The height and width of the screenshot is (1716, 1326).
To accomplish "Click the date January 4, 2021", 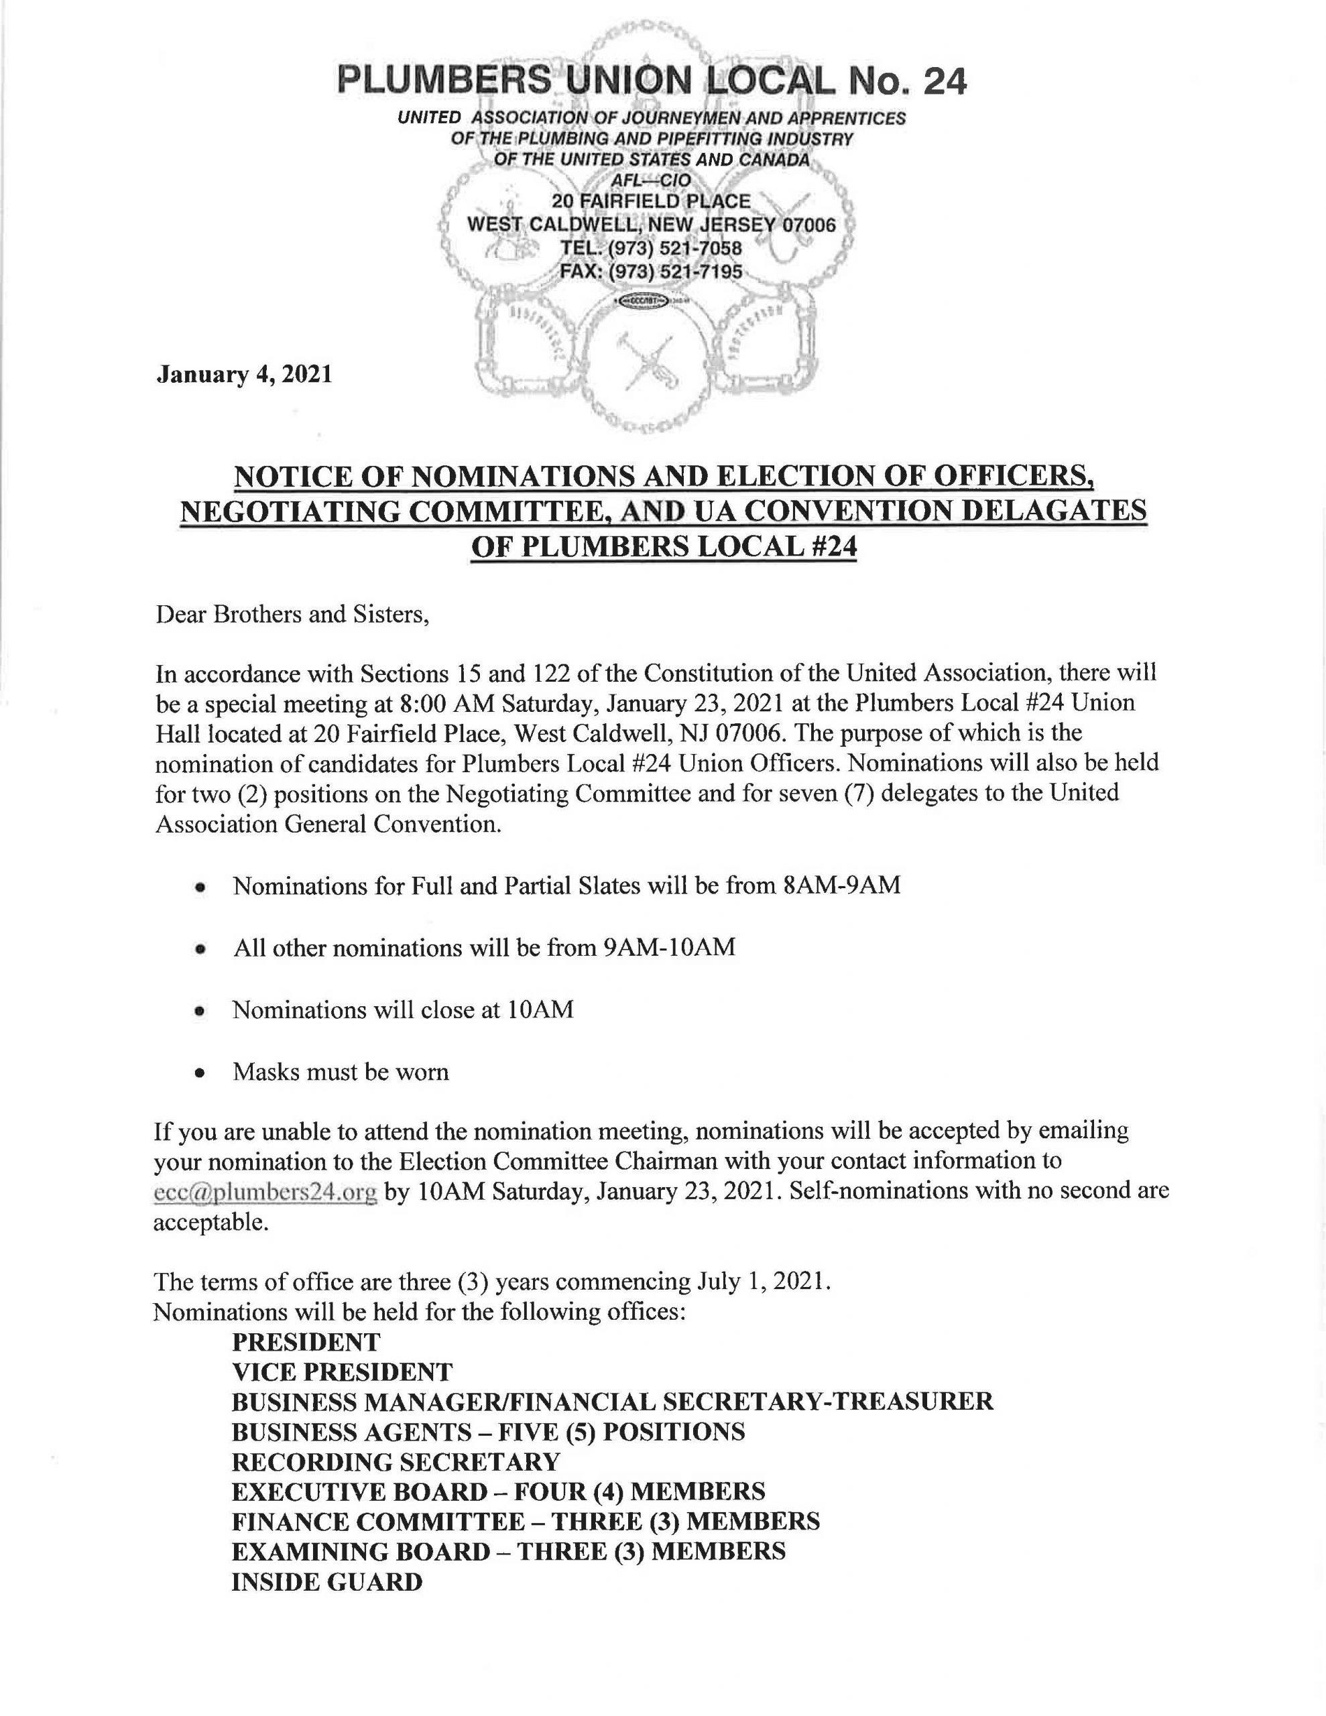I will [243, 374].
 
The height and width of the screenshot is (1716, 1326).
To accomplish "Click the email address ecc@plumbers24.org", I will [265, 1192].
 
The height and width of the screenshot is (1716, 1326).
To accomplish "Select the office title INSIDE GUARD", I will [327, 1582].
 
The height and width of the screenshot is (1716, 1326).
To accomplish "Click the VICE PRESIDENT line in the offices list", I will [342, 1372].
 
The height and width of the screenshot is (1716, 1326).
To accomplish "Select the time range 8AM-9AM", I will [842, 885].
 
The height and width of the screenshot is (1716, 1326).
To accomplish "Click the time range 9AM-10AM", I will [669, 948].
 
